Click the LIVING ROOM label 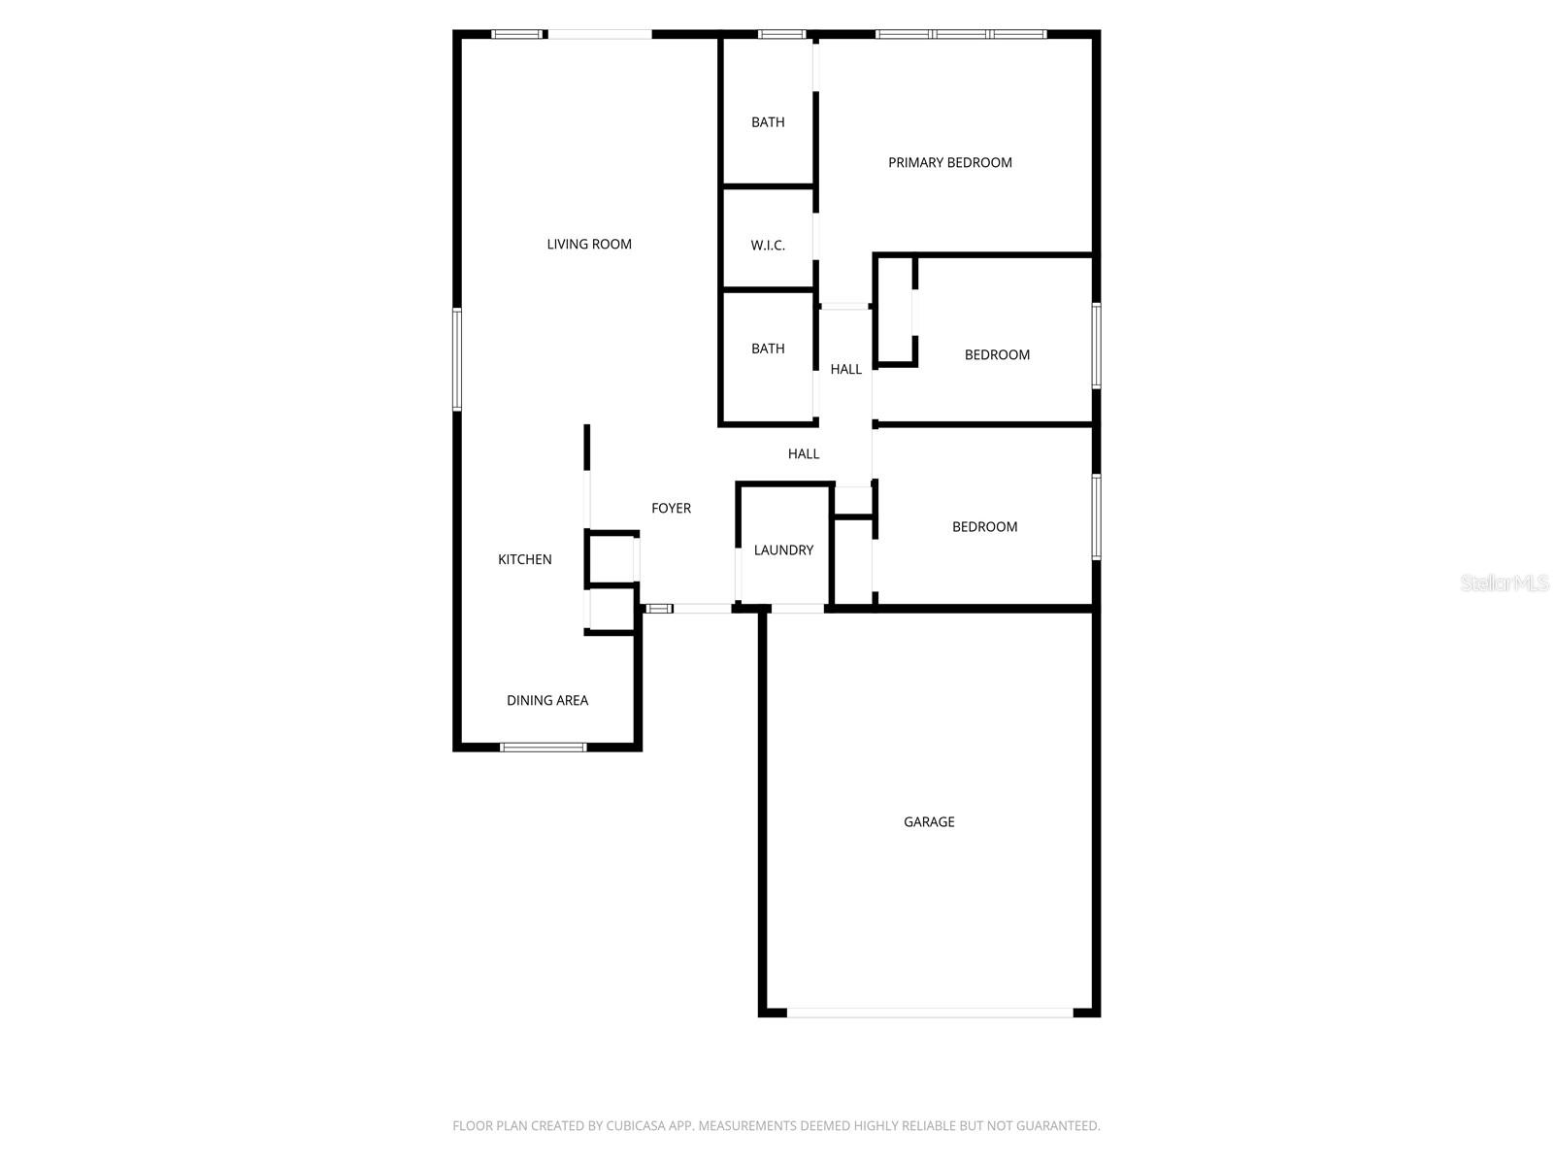589,245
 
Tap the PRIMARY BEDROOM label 950,163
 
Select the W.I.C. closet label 768,246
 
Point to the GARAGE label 929,822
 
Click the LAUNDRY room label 783,550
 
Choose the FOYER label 671,509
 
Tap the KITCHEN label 525,559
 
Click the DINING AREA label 547,701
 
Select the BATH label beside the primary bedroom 768,122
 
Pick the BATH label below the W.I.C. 768,349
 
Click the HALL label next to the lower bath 845,369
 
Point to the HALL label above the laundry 804,453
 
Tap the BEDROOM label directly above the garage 984,527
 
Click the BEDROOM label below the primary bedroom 997,355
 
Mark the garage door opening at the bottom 930,1013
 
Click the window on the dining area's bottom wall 544,747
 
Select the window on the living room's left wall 457,359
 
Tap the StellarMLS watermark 1504,583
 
